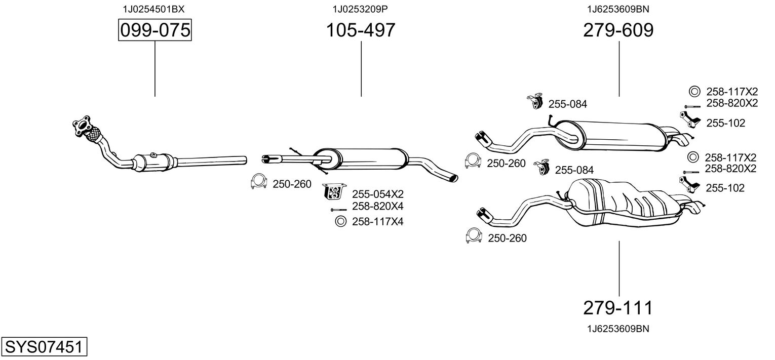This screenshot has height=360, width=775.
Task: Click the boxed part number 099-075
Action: [x=155, y=30]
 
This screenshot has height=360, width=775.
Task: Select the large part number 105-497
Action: [x=361, y=30]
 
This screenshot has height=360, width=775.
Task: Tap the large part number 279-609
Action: [x=618, y=30]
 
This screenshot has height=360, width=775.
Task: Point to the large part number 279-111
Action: [x=618, y=308]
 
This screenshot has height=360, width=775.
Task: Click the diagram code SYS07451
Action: [x=44, y=346]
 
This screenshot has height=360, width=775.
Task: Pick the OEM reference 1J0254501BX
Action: [x=153, y=9]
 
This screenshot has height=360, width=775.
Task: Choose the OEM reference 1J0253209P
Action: [x=360, y=9]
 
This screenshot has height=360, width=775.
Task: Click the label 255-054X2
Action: [x=378, y=194]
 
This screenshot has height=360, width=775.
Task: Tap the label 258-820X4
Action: [x=378, y=206]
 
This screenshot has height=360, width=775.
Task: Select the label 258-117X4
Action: [x=378, y=221]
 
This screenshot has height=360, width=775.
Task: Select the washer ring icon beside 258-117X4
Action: [x=341, y=221]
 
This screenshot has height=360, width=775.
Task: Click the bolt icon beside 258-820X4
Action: [x=338, y=210]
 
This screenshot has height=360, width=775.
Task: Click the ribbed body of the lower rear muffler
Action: [x=623, y=203]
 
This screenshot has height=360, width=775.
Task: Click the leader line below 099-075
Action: [x=154, y=69]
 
